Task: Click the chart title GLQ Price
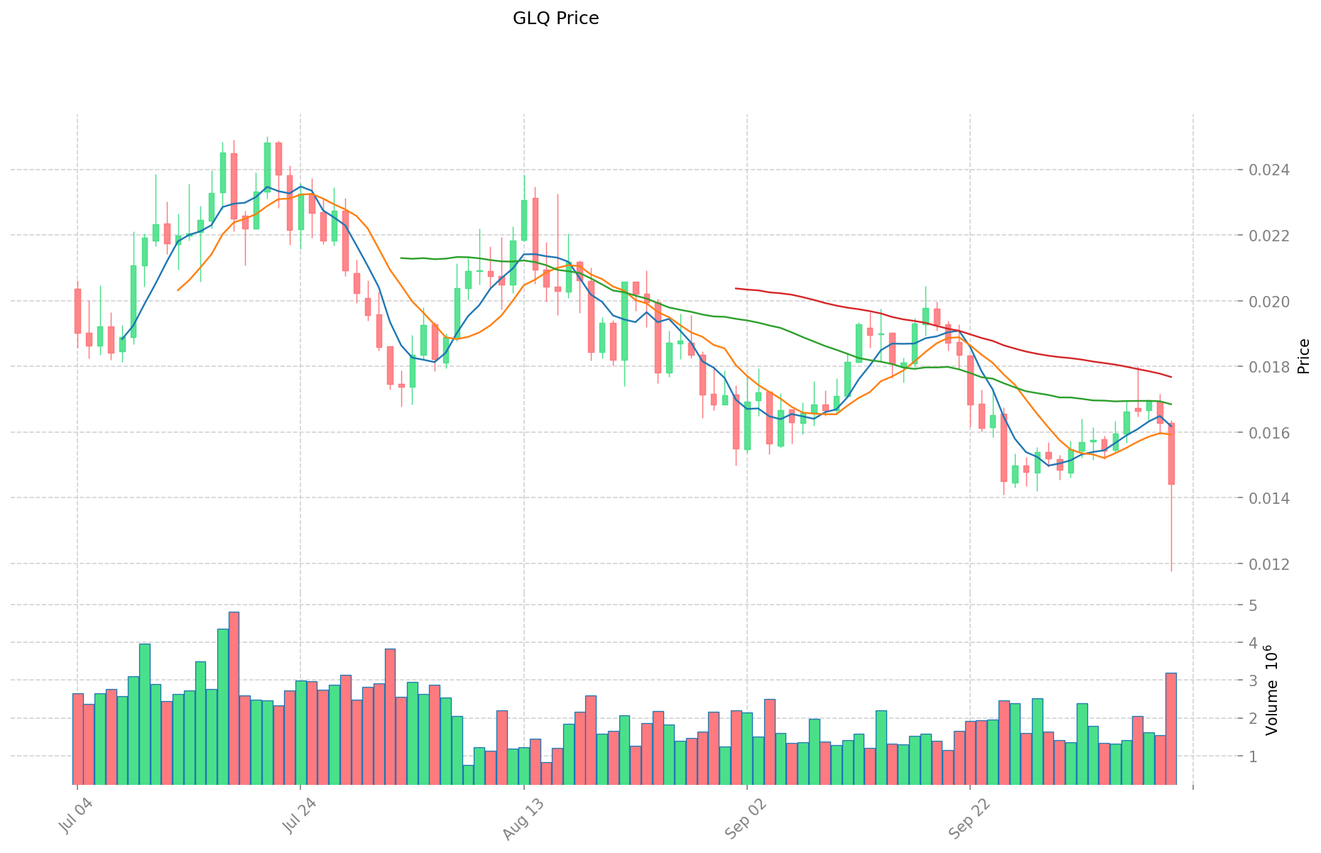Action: click(x=555, y=18)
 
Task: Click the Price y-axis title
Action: click(x=1303, y=356)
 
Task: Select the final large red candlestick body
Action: click(x=1171, y=454)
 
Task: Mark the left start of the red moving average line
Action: click(x=736, y=288)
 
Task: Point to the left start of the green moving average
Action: click(x=401, y=258)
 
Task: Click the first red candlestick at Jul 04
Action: click(x=77, y=311)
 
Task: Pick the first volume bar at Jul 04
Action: click(x=77, y=739)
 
